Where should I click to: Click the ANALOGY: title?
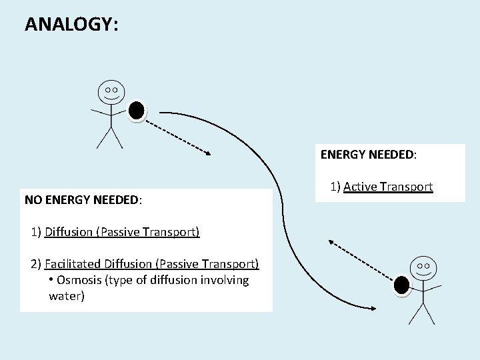[x=71, y=24]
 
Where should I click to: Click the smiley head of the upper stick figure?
[x=110, y=92]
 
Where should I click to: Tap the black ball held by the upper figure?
[x=137, y=111]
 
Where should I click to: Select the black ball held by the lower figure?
[x=401, y=285]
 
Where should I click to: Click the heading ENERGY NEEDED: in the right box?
[x=368, y=155]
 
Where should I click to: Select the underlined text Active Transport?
[x=388, y=187]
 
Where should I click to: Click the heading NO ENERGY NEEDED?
[x=84, y=199]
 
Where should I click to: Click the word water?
[x=67, y=296]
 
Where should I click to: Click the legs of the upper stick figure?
[x=109, y=136]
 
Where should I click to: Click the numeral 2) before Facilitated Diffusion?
[x=37, y=264]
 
